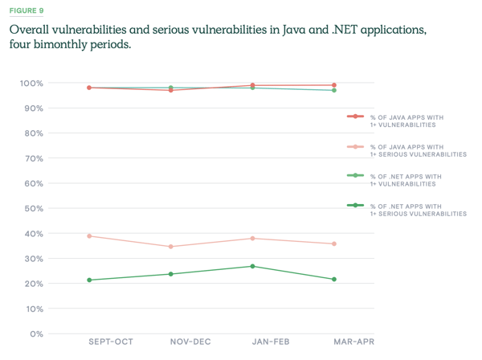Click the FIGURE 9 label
tap(27, 10)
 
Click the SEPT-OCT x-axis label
tap(110, 342)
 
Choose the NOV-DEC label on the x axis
tap(190, 342)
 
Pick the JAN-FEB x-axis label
tap(271, 342)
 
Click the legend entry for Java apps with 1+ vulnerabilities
tap(406, 121)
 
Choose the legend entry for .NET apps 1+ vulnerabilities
tap(406, 179)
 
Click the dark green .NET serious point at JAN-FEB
tap(252, 266)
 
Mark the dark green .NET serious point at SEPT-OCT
tap(89, 280)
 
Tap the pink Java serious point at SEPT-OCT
tap(89, 236)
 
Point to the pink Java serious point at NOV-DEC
tap(171, 247)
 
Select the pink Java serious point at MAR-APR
tap(333, 244)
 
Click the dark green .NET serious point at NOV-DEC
tap(171, 274)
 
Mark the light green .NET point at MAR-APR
tap(333, 90)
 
